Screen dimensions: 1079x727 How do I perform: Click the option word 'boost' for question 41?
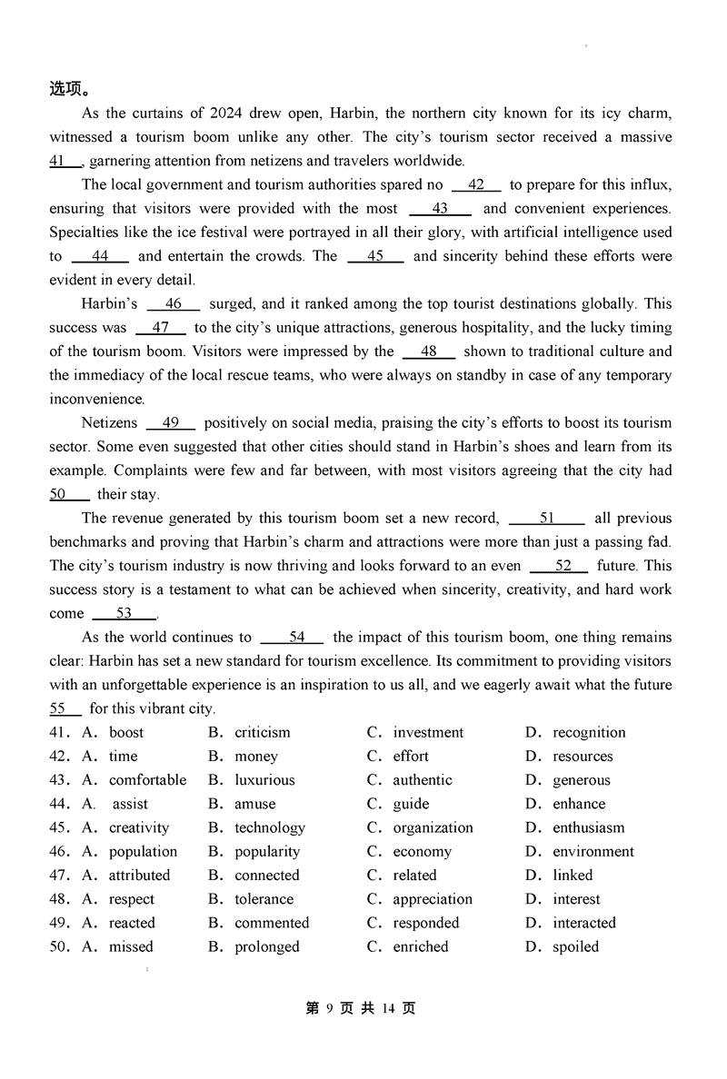pos(126,733)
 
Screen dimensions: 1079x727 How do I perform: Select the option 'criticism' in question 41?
pos(263,733)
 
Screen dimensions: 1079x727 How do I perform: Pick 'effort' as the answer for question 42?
pos(411,757)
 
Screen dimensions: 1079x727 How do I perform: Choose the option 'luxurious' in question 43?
pos(264,780)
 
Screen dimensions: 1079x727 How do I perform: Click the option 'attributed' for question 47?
pos(139,876)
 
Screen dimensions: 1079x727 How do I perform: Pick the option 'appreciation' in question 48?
pos(433,899)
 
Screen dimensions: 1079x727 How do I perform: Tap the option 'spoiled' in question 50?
pos(576,946)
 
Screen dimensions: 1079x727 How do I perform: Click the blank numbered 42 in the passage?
pos(476,185)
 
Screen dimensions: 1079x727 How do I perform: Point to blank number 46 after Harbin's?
pos(173,304)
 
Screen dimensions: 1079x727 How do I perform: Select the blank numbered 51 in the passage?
pos(546,519)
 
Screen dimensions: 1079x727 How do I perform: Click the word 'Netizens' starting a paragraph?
pos(109,423)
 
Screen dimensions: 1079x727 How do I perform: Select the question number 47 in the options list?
pos(58,876)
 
